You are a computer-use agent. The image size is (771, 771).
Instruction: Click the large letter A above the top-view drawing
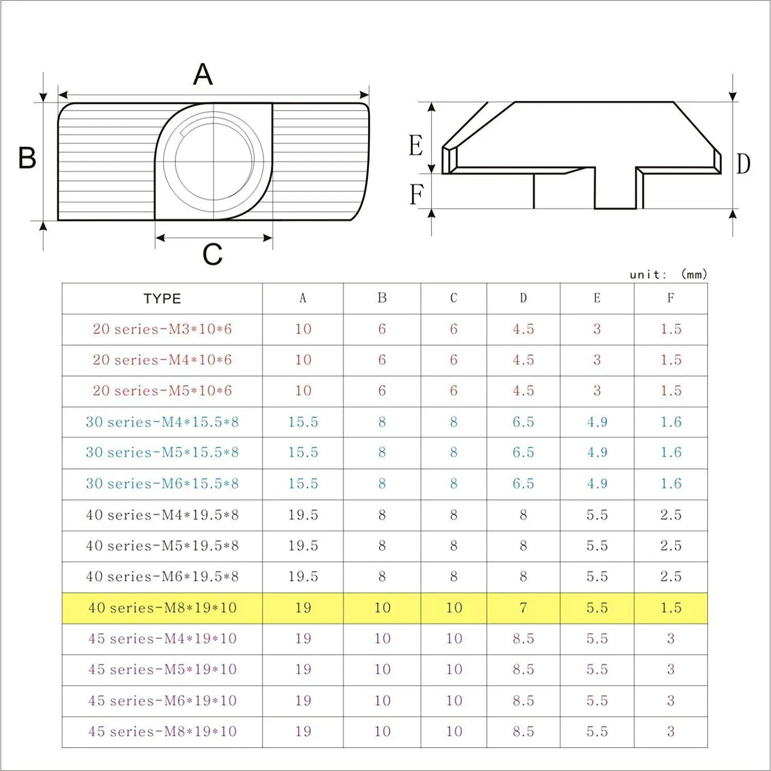(203, 75)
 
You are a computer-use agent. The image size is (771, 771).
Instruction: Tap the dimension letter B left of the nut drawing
(27, 158)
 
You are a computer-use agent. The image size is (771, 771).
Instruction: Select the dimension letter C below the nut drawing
(212, 254)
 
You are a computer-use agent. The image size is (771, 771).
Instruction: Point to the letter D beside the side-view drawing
(743, 164)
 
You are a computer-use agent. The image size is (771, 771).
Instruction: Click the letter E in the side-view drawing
(416, 145)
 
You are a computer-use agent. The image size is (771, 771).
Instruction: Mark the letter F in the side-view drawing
(416, 195)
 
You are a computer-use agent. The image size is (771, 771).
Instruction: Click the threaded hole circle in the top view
(214, 161)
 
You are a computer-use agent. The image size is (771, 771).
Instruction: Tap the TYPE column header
(162, 299)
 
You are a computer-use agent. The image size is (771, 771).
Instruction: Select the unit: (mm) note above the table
(668, 274)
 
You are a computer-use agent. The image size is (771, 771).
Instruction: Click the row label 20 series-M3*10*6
(162, 329)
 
